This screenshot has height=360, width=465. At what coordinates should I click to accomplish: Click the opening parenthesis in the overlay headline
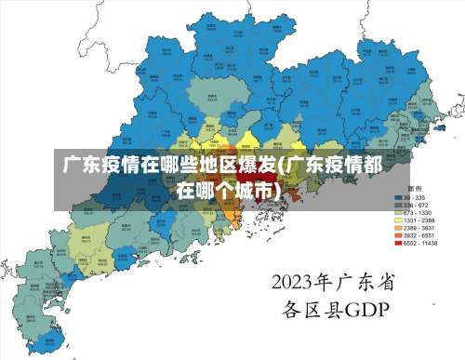click(282, 167)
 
